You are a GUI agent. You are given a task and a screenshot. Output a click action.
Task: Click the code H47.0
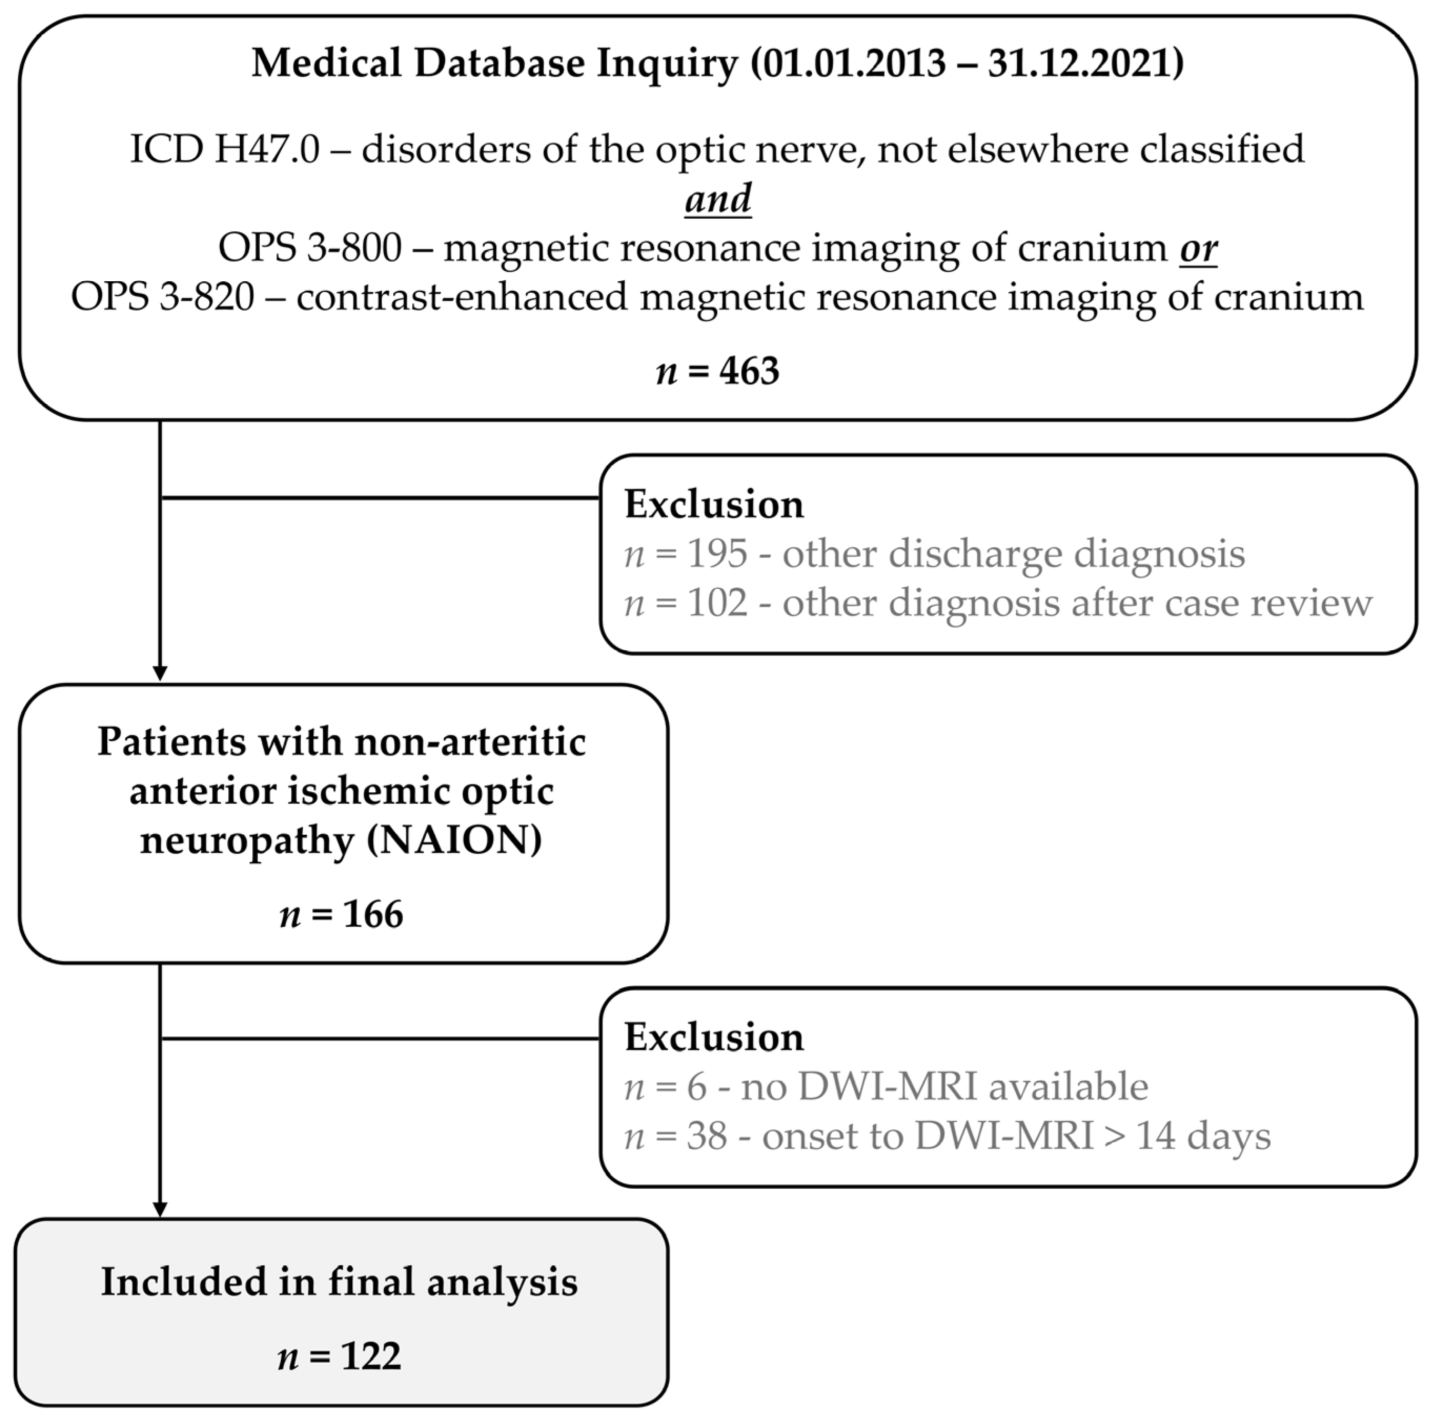pos(267,149)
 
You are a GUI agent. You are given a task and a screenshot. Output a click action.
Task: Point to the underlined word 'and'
pos(717,199)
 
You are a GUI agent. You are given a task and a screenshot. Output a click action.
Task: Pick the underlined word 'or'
pos(1198,248)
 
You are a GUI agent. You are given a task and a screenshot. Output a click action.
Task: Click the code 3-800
pos(354,248)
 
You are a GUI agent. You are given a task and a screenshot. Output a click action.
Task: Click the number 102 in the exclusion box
pos(717,603)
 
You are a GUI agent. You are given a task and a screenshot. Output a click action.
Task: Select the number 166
pos(373,914)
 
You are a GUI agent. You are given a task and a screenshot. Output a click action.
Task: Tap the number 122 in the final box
pos(371,1356)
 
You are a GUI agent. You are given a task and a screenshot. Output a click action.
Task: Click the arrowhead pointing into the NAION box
pos(160,673)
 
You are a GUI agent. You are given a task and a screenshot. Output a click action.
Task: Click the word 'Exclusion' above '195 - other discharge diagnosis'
pos(713,505)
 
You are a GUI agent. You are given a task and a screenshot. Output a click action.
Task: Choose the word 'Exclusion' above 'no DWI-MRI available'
pos(713,1037)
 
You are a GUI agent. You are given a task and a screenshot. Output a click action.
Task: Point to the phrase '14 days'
pos(1203,1136)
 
